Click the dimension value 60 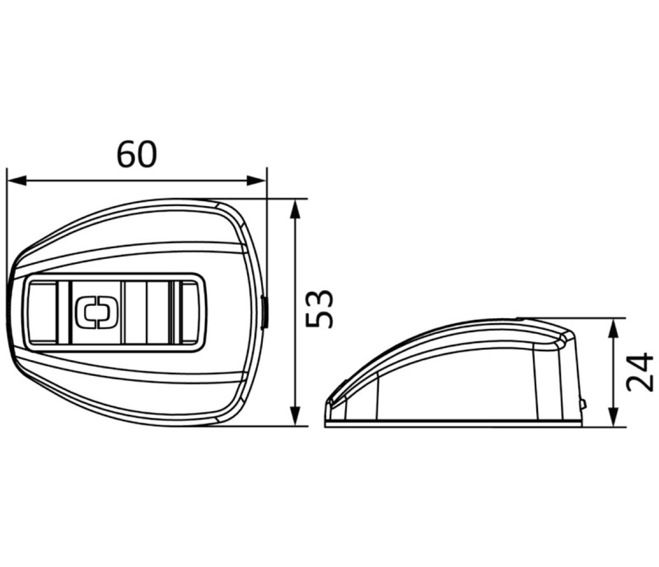[137, 154]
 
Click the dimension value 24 [640, 373]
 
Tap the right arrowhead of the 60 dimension [256, 181]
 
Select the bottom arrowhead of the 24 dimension [614, 417]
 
